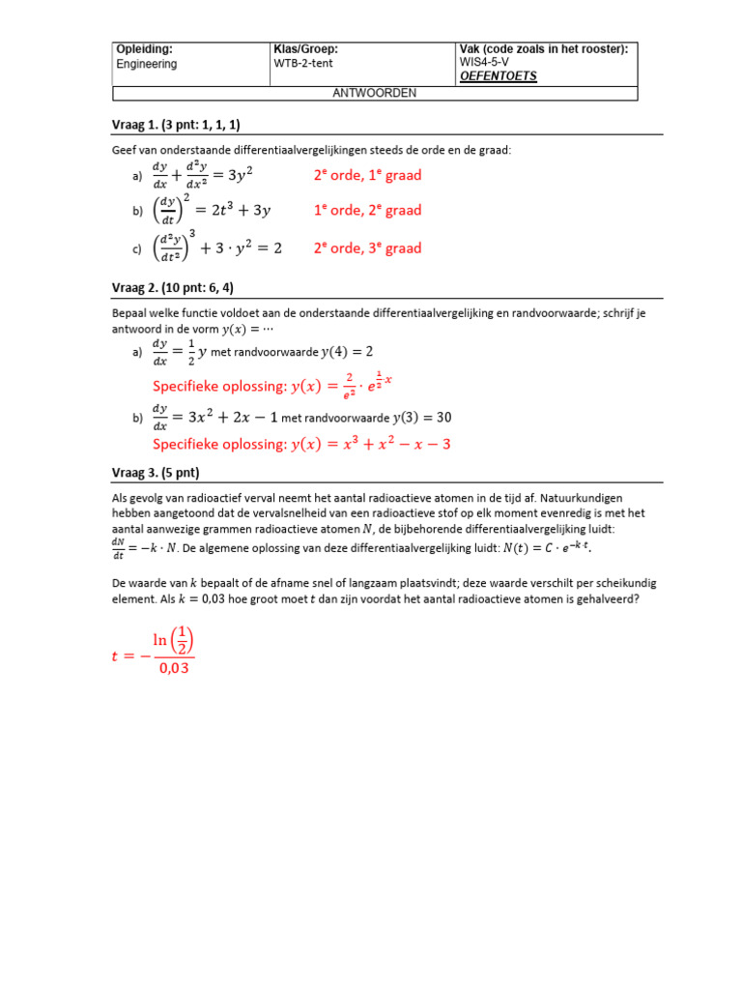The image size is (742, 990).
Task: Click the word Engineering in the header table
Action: coord(147,64)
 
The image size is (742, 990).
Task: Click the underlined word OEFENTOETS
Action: coord(499,75)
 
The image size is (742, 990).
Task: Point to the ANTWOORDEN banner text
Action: coord(375,93)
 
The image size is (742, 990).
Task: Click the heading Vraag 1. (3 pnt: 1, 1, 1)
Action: coord(178,124)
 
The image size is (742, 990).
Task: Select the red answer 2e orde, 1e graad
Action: coord(367,175)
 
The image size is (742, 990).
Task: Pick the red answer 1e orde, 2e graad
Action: coord(367,210)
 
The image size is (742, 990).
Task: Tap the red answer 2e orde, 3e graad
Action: coord(367,247)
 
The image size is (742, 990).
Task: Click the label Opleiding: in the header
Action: coord(144,48)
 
